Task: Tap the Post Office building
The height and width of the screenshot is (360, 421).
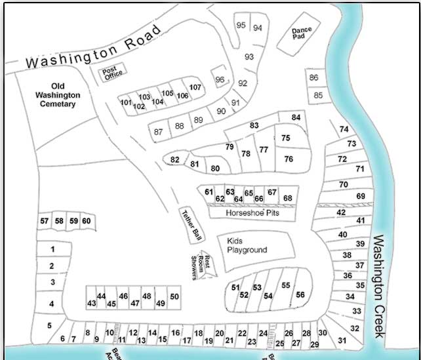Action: coord(111,73)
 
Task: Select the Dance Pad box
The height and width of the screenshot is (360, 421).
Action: coord(302,33)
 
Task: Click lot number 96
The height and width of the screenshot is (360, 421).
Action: coord(220,80)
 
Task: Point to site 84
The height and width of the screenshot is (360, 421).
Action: coord(296,117)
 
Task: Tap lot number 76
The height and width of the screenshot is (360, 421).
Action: coord(288,159)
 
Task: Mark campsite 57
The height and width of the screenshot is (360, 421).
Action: coord(45,221)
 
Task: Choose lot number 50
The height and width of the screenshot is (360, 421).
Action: coord(174,297)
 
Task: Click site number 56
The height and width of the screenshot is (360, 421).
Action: coord(300,295)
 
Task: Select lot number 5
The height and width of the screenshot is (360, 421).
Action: coord(49,325)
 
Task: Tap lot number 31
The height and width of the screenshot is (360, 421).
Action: coord(342,340)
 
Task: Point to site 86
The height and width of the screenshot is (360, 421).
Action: coord(313,78)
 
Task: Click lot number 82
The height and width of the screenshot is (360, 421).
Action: coord(174,159)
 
